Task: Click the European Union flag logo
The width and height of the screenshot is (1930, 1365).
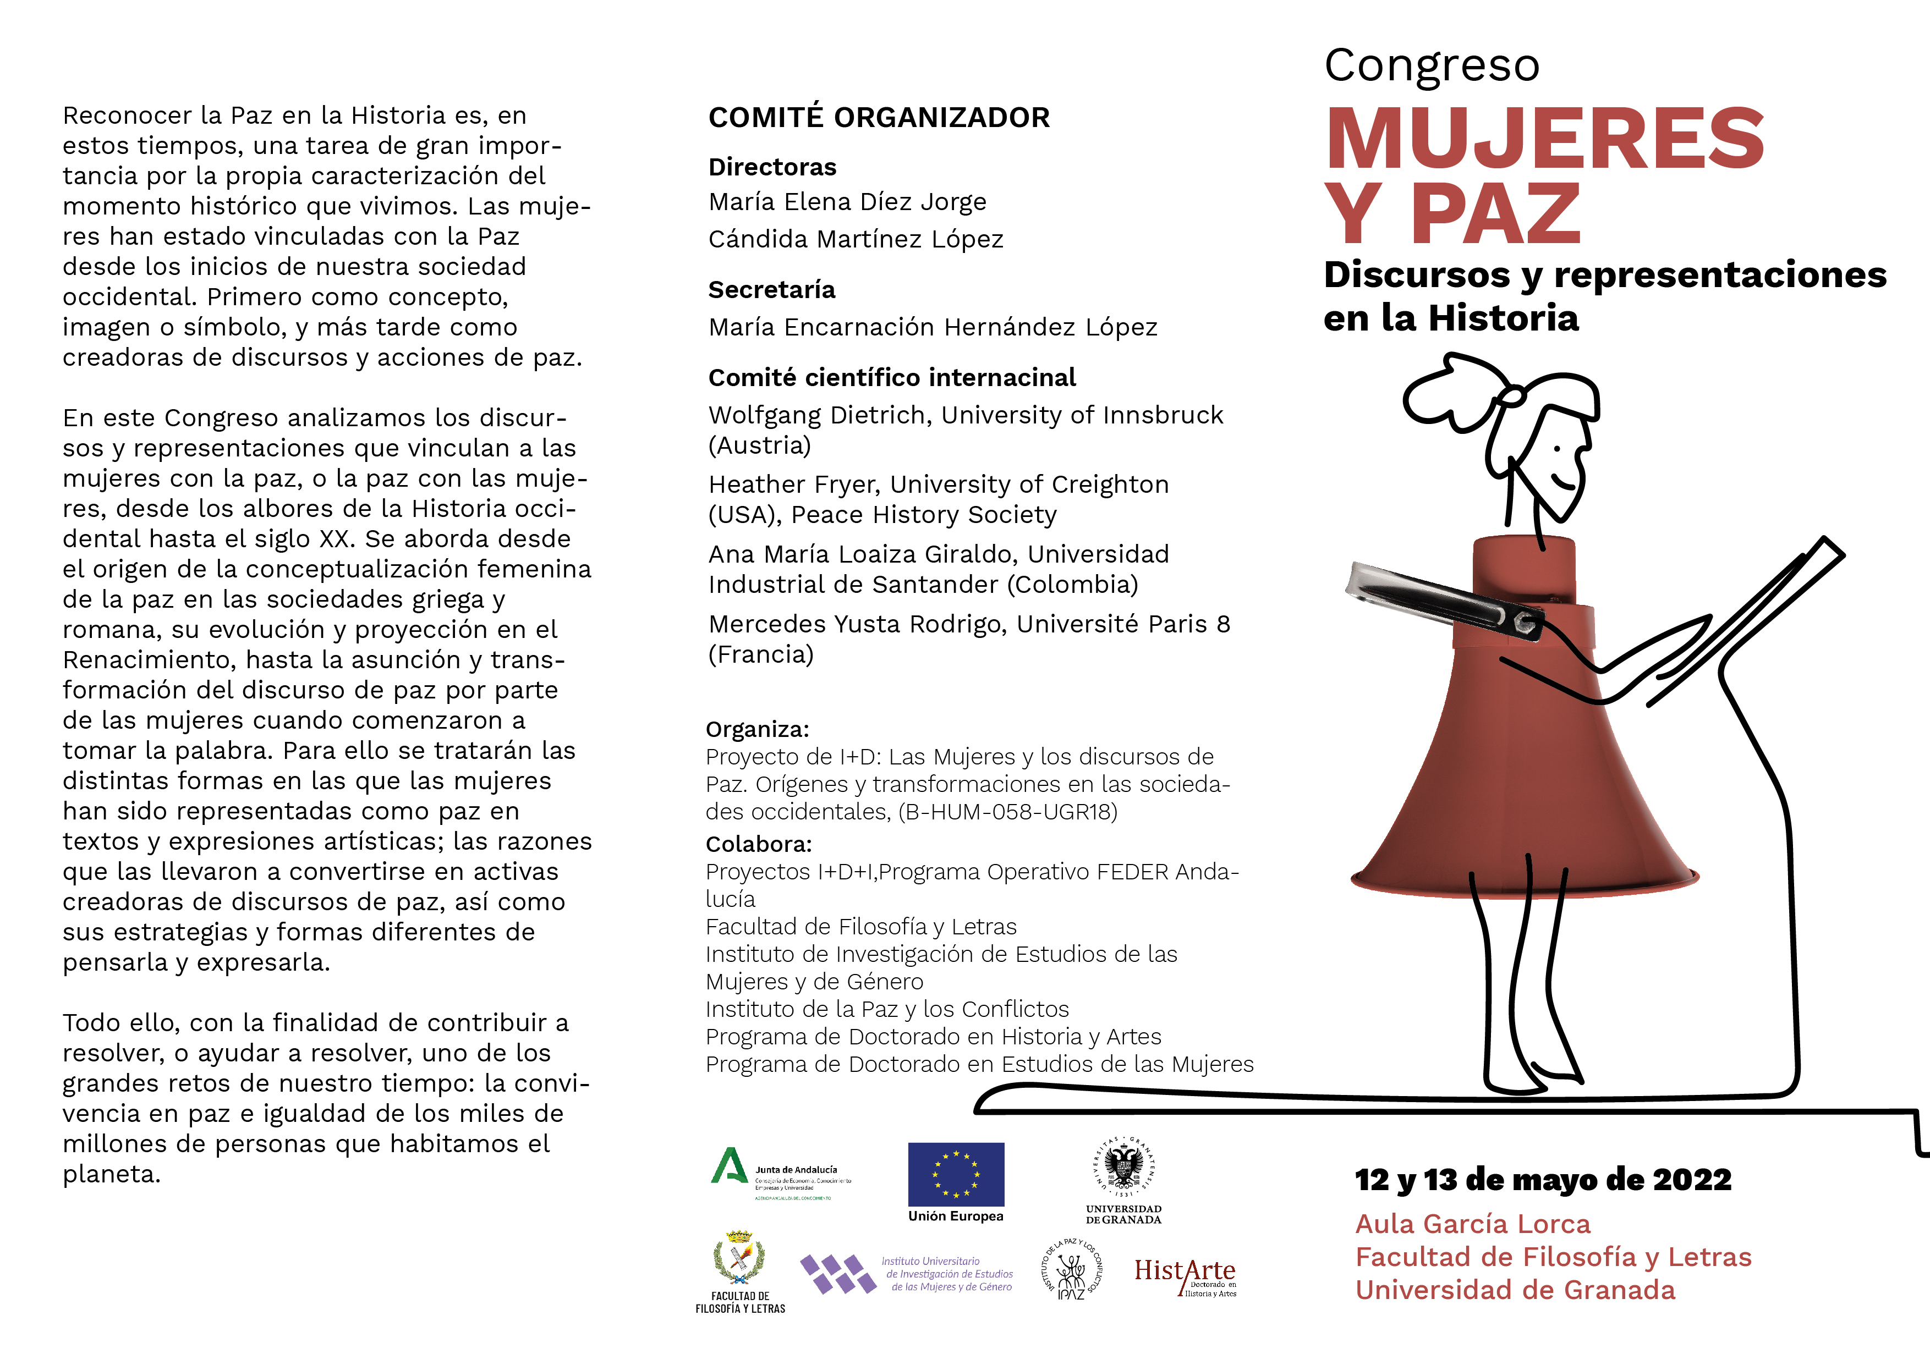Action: pyautogui.click(x=956, y=1174)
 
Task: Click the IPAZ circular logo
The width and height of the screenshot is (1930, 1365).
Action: pyautogui.click(x=1071, y=1270)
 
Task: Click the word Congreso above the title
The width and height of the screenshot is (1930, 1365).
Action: pyautogui.click(x=1432, y=65)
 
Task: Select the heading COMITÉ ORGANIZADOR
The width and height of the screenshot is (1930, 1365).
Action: pyautogui.click(x=879, y=118)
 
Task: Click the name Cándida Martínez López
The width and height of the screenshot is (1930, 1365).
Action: pyautogui.click(x=856, y=240)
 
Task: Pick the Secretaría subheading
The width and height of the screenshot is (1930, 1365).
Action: pyautogui.click(x=772, y=290)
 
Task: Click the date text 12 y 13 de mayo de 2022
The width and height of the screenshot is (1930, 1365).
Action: pyautogui.click(x=1543, y=1180)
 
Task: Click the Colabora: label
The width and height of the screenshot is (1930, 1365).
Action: pyautogui.click(x=758, y=844)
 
